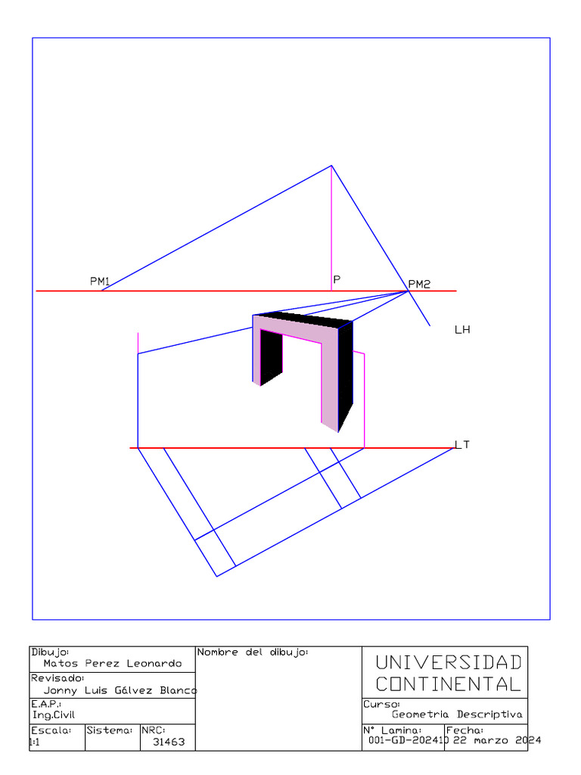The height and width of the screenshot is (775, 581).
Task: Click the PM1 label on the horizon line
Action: coord(100,282)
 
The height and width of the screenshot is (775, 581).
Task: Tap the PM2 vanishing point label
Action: coord(419,285)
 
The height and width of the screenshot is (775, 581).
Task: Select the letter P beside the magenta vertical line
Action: coord(337,279)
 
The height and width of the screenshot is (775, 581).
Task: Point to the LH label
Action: coord(462,330)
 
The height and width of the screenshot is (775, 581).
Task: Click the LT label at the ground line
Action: coord(462,444)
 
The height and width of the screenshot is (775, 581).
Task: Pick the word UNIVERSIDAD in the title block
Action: coord(449,663)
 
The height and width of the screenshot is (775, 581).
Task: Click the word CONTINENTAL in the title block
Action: coord(449,685)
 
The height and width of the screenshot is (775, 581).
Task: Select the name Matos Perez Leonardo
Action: coord(113,664)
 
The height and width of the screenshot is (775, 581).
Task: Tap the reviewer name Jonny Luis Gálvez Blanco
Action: coord(120,690)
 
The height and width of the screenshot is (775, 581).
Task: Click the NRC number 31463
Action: coord(169,742)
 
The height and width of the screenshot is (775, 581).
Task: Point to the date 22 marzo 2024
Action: coord(497,740)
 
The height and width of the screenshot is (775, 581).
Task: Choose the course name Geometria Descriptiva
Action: coord(457,714)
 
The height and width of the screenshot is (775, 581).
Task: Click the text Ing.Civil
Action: coord(54,714)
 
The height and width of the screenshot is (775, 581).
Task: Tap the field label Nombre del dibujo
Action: coord(252,652)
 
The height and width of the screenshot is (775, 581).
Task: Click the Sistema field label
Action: coord(110,730)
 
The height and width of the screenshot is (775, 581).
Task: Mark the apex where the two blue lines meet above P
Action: coord(331,165)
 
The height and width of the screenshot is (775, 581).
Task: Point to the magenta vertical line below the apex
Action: coord(331,227)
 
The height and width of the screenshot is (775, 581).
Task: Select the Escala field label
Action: coord(51,730)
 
